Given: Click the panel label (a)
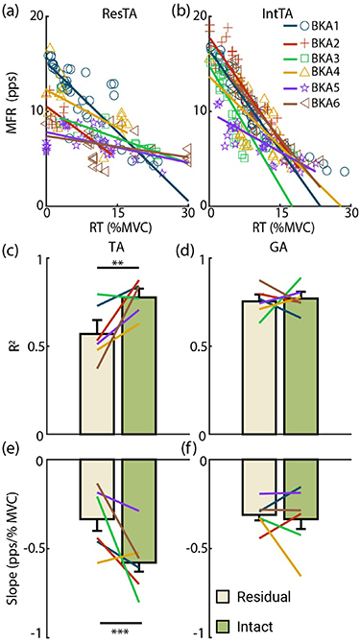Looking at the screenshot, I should tap(13, 11).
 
